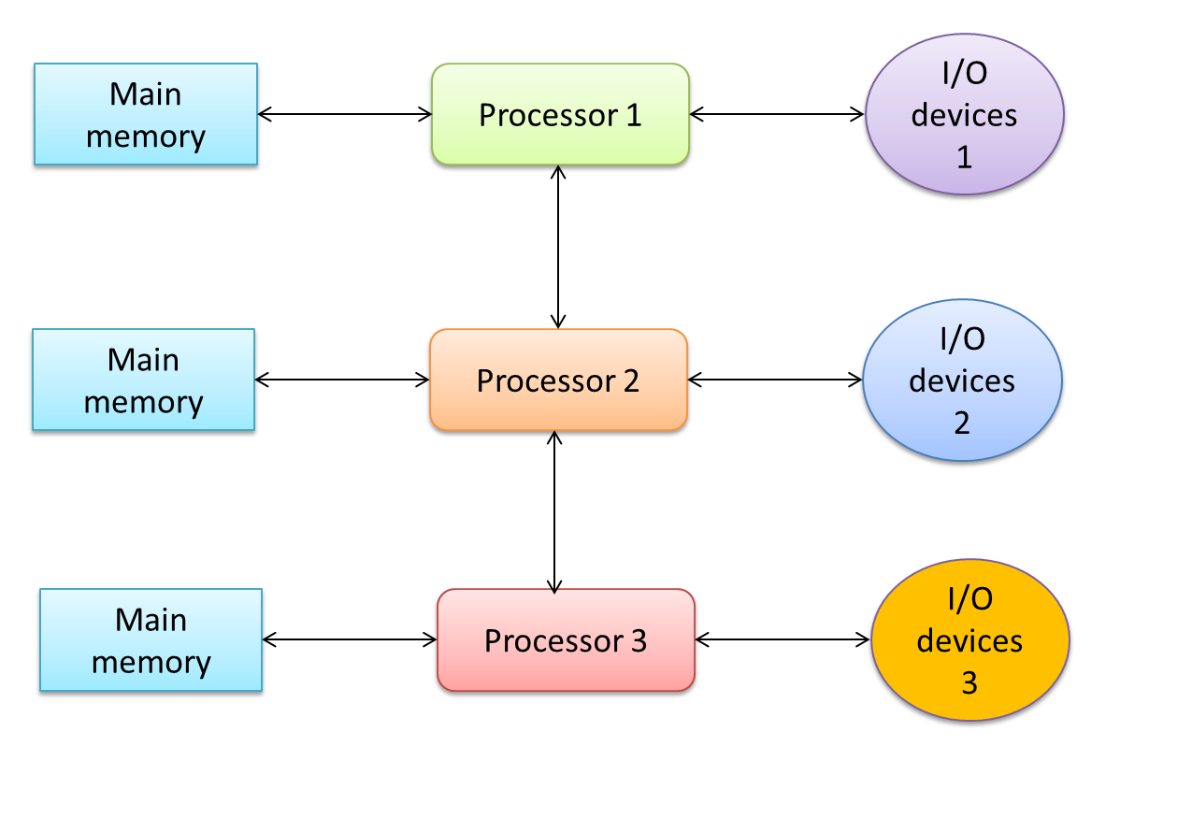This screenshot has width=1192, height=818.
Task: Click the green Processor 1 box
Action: click(560, 115)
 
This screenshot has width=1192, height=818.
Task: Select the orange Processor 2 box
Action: click(558, 380)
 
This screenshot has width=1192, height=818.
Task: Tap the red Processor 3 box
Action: click(566, 640)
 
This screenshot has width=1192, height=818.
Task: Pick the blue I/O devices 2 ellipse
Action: click(962, 380)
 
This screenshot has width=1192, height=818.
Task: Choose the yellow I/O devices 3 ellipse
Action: click(969, 640)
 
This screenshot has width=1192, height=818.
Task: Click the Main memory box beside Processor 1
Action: click(146, 115)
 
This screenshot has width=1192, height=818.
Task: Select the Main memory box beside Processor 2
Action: click(143, 380)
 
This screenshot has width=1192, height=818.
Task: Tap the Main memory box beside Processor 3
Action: click(151, 640)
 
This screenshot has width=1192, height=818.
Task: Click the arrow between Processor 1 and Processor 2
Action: click(558, 247)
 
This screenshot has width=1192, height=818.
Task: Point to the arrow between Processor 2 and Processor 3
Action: click(555, 511)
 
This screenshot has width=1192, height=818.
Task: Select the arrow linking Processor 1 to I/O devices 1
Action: click(777, 114)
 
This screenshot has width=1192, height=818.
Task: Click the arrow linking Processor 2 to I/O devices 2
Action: click(775, 380)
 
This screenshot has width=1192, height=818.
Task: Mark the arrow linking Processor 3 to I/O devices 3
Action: click(783, 639)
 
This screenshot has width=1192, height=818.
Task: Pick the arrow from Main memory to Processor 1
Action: click(344, 114)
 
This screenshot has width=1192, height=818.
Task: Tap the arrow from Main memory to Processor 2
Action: click(341, 380)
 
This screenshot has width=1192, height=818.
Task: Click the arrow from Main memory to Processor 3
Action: click(350, 639)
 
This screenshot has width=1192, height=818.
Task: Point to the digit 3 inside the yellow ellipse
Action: click(969, 684)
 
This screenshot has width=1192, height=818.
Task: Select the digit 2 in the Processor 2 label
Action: click(630, 381)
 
